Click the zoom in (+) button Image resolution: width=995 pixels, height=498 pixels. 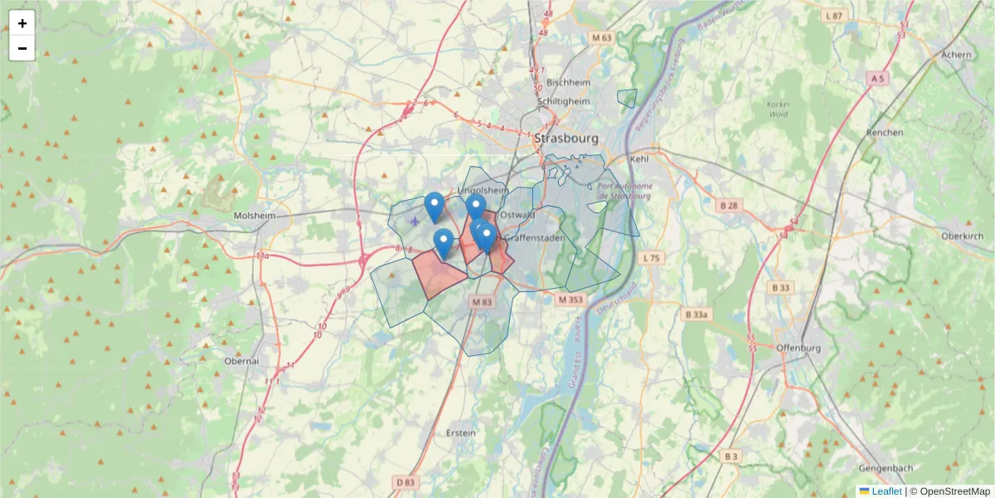coord(22,23)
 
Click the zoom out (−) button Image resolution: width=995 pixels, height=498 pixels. coord(22,48)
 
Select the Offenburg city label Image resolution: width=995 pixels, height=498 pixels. coord(799,347)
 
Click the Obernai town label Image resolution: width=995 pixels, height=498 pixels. coord(242,361)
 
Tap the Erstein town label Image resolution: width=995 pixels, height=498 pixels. coord(461,432)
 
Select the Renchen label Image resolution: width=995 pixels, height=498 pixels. coord(884,132)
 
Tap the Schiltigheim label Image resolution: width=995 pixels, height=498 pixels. coord(564,101)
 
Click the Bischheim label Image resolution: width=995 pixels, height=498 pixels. coord(568,82)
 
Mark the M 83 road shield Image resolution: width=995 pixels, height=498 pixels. coord(482,303)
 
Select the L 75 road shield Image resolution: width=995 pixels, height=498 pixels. coord(652,258)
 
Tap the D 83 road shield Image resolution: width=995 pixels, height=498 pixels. coord(405,481)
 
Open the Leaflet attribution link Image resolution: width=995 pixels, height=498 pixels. coord(886,491)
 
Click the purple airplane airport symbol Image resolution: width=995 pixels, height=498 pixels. coord(415,221)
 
